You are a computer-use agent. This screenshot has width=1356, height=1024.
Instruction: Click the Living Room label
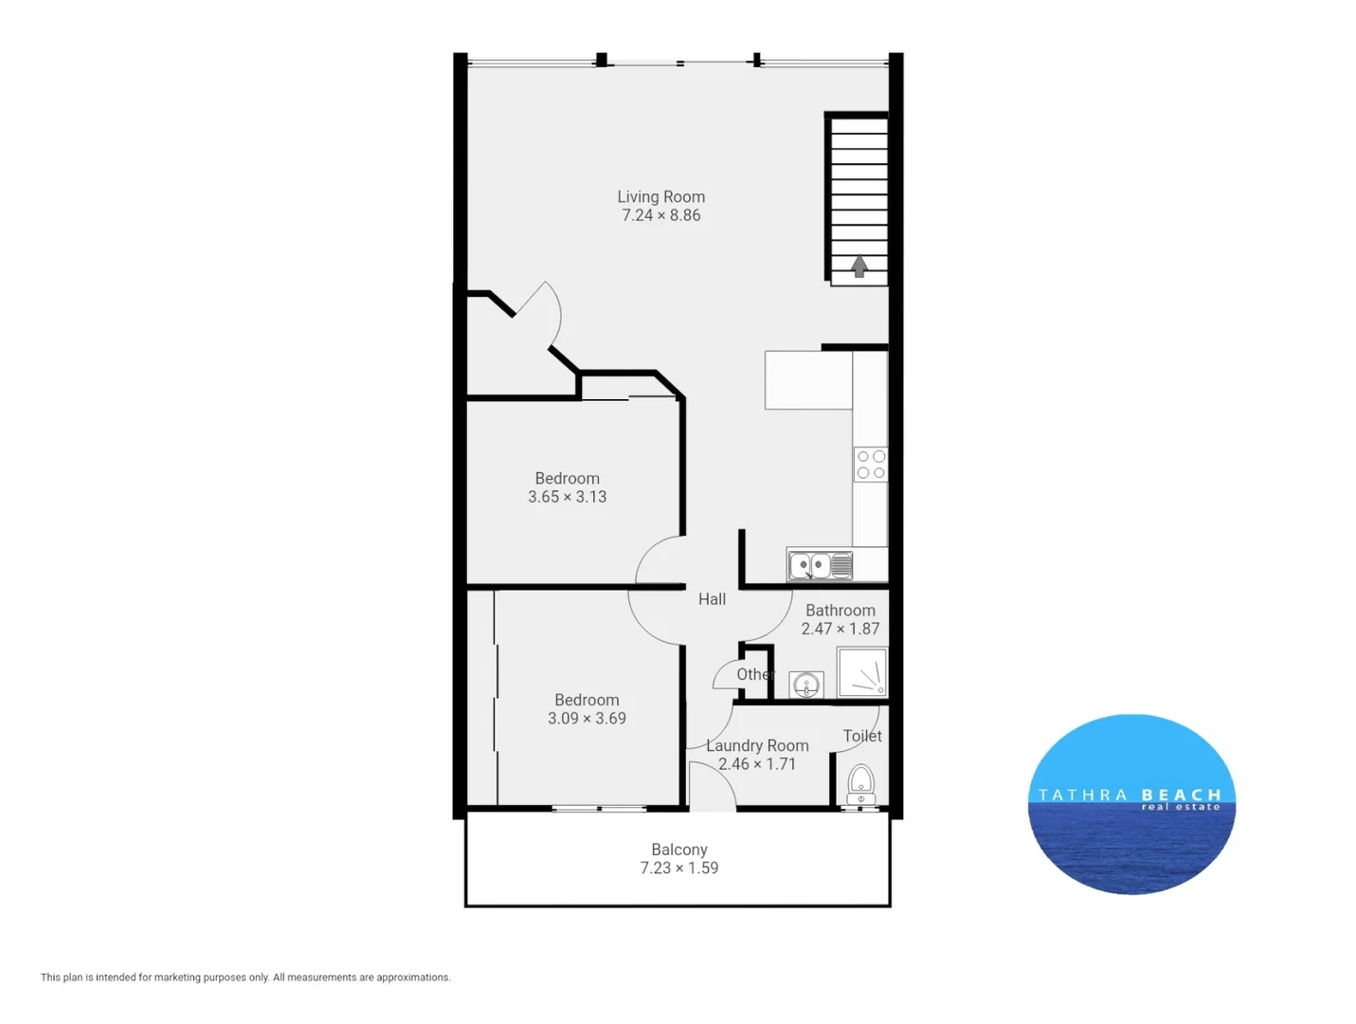point(660,197)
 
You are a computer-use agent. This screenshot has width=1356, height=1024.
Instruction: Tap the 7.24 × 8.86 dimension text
point(660,215)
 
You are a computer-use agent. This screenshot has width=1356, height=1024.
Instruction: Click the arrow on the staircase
point(859,266)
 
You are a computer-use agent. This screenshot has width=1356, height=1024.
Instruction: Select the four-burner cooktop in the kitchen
point(871,465)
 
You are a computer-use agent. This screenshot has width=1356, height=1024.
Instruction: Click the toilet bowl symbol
point(860,783)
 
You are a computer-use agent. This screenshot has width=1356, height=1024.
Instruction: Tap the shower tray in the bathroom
point(862,671)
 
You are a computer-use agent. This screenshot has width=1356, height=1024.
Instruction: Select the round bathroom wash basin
point(806,684)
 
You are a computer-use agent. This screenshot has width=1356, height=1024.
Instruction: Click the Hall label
point(712,599)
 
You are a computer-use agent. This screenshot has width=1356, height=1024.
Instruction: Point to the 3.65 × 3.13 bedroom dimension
point(567,497)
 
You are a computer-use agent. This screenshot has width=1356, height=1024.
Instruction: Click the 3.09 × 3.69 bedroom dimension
point(587,719)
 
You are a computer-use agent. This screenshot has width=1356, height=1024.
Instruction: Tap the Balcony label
point(678,850)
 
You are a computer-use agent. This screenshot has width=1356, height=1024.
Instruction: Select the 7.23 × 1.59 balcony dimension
point(678,868)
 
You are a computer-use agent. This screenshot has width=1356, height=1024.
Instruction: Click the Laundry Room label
point(757,746)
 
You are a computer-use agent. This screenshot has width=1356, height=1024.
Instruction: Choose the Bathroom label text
point(840,611)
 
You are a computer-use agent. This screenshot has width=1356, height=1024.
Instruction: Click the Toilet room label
point(862,736)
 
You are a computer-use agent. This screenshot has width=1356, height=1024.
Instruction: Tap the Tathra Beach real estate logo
point(1131,803)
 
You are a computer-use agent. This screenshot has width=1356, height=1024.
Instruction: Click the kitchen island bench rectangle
point(808,380)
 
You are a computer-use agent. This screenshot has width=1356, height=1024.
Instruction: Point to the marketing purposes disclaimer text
point(245,978)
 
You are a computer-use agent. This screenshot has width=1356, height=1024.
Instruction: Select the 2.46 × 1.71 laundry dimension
point(757,764)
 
